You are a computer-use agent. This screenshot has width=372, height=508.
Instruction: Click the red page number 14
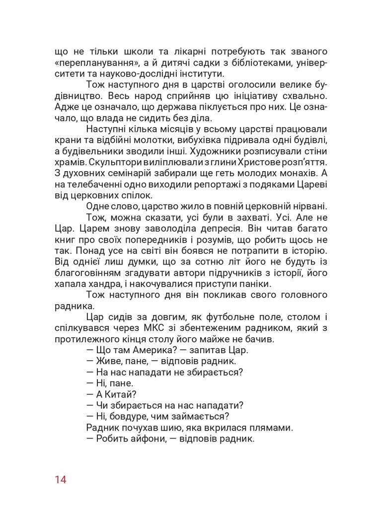[x=61, y=480]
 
